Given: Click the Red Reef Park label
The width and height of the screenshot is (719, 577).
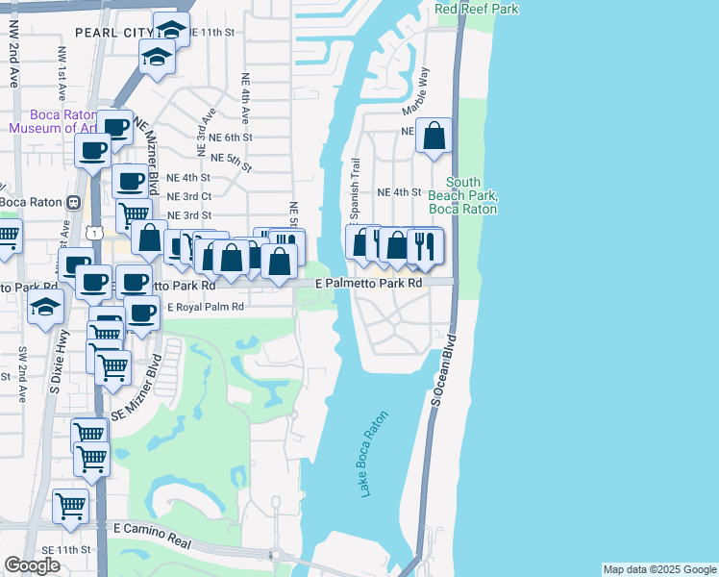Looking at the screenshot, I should coord(477,9).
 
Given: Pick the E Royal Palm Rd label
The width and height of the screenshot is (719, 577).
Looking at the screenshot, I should coord(206,308).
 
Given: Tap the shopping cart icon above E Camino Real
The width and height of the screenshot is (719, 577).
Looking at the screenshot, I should coord(70,505).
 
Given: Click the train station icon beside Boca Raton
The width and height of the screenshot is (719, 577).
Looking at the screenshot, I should coord(72,202).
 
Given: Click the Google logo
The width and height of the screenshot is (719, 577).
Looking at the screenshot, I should coord(32,565).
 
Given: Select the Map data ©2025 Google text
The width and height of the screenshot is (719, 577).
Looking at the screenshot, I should coord(658,569).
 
